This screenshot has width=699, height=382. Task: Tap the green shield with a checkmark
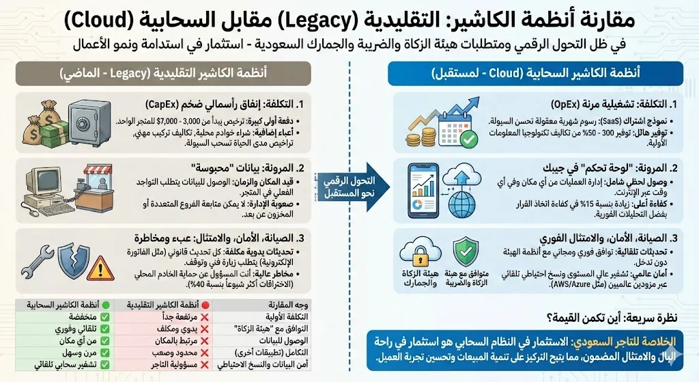468,252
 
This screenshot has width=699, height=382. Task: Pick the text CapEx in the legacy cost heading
167,104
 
